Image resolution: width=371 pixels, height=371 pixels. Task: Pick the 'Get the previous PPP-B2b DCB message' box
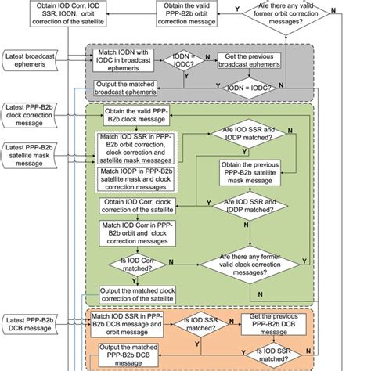(x=279, y=323)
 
